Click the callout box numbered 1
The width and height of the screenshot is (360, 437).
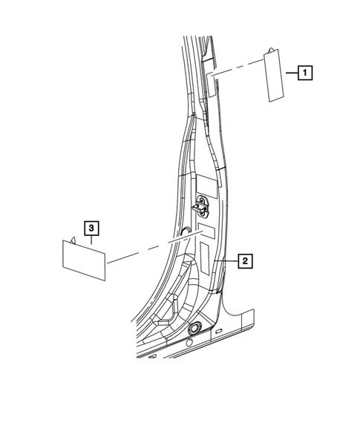coord(304,73)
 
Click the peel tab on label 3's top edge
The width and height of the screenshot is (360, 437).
coord(75,239)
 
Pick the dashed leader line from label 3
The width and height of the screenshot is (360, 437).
coord(148,249)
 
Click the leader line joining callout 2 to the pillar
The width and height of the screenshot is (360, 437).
coord(225,261)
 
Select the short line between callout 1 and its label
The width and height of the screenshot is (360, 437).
coord(292,73)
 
